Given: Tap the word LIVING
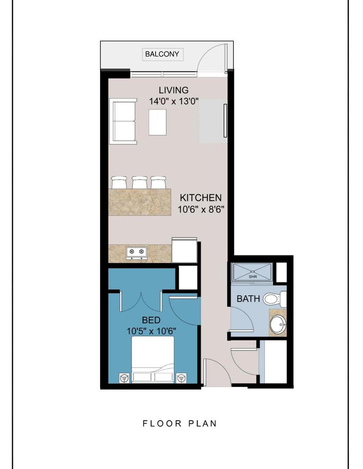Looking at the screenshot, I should pos(173,90).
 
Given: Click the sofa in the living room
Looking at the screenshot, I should pos(123,122).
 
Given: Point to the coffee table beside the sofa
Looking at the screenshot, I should pos(157,122).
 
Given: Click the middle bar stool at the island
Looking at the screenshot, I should pos(140,182).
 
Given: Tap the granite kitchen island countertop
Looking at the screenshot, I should pos(140,201).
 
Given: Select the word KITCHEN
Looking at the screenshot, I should pos(201,198).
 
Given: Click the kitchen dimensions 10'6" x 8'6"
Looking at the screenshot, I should pos(201,209).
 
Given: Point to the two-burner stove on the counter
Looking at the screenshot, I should pos(137,252).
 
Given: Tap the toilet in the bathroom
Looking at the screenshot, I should pos(274,299).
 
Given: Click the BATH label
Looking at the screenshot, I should pos(248,299).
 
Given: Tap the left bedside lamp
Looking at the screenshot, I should pos(125,378).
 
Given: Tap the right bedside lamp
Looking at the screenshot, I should pos(181,378).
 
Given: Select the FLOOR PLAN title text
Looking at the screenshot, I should pos(180,423).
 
